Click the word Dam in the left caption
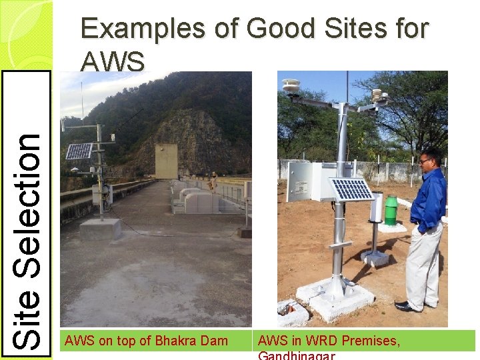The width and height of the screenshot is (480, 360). click(215, 341)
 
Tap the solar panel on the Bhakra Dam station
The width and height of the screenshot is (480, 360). click(79, 151)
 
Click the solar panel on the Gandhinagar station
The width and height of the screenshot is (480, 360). click(352, 189)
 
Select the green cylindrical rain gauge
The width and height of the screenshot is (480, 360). click(391, 210)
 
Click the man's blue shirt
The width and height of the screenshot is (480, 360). click(428, 201)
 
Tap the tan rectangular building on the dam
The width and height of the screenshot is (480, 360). click(166, 161)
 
